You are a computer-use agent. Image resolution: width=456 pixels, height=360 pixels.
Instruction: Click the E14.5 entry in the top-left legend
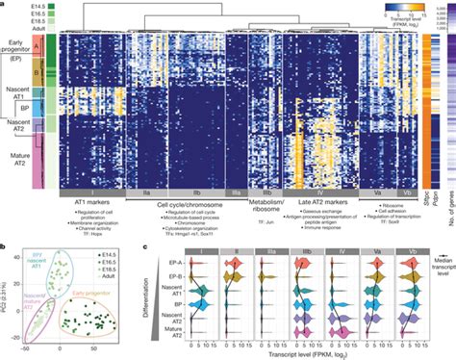tap(26, 8)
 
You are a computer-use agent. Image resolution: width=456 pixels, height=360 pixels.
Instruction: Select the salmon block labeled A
tap(37, 45)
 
